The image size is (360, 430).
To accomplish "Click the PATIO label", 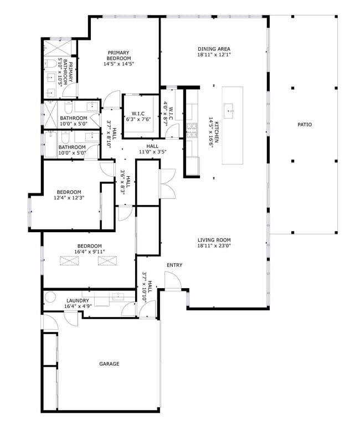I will tap(304, 125).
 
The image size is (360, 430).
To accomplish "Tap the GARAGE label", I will tap(109, 364).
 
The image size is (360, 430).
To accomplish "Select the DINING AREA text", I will tap(214, 49).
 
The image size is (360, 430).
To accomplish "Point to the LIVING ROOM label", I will tap(214, 240).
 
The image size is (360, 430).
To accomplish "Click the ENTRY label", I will tap(174, 265).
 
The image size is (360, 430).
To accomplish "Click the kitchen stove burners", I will tap(192, 130).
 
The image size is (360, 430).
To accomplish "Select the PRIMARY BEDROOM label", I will tap(119, 55).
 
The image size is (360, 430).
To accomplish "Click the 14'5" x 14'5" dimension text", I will tap(119, 64).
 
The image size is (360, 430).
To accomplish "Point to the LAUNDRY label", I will tap(78, 301).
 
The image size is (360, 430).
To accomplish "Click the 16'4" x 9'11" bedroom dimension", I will tap(89, 252).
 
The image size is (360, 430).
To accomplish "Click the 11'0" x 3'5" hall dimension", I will tap(152, 151).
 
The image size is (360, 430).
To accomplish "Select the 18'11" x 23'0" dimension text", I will tap(214, 245).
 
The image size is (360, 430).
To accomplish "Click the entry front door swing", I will tap(172, 281).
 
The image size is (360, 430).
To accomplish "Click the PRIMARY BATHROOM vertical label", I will tap(68, 72).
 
